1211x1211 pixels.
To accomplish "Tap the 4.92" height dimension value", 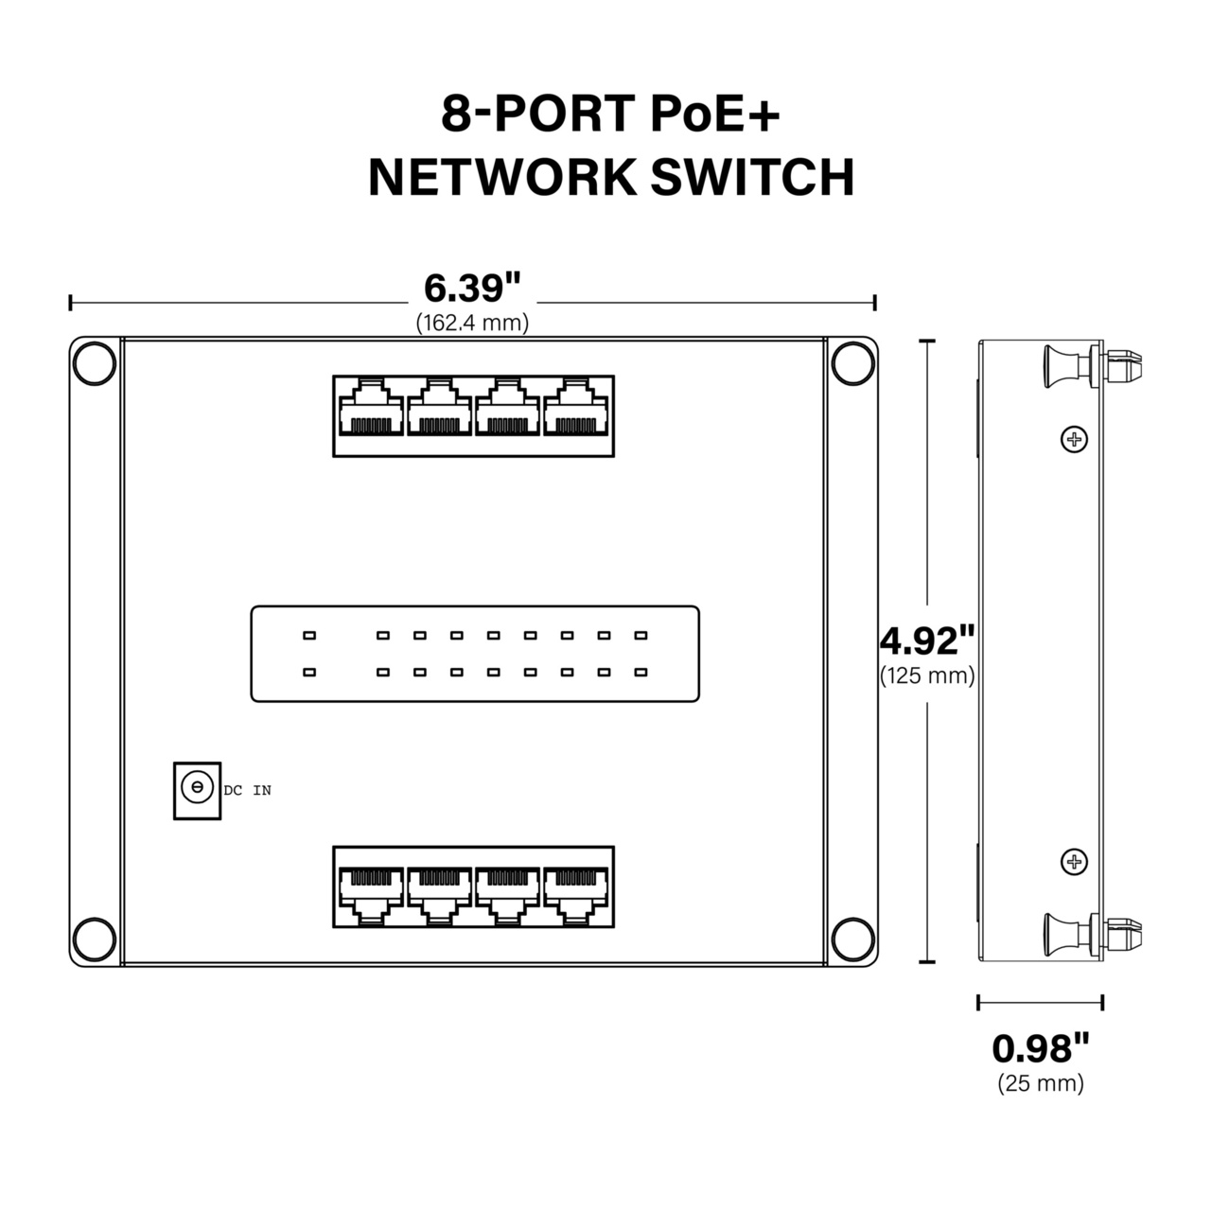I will click(926, 641).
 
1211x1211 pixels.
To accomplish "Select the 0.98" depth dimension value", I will click(1040, 1048).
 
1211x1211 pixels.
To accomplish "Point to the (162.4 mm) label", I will click(472, 323).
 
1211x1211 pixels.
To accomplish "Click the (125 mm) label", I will click(926, 676).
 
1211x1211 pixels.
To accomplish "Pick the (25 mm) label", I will click(1040, 1083).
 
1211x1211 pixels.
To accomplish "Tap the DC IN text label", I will click(248, 790).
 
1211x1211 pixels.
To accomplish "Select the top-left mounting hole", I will click(95, 364).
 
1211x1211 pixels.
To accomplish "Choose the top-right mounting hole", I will click(851, 364).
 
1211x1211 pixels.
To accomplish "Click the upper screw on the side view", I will click(1073, 439).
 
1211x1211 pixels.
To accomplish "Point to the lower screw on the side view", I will click(1073, 862).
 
